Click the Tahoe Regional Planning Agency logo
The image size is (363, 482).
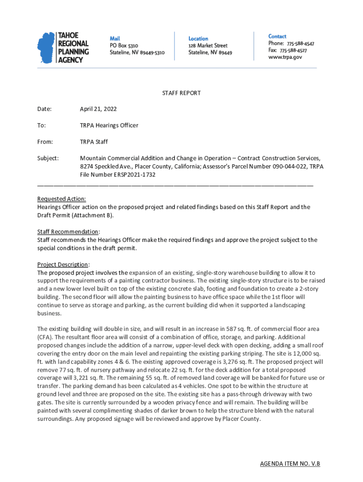pos(63,47)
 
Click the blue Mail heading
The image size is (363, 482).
pos(115,38)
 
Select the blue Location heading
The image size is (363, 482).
pos(198,38)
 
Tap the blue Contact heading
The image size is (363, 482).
pos(277,36)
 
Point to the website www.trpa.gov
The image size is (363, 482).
pos(285,57)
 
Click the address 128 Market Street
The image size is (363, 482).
pos(208,46)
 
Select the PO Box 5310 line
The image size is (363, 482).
pos(124,46)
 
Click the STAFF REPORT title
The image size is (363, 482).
pos(181,93)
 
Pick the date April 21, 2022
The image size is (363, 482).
pos(98,109)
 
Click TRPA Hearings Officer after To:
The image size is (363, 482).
pos(109,126)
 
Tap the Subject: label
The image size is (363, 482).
pos(48,158)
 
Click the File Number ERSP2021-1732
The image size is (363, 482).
pos(117,175)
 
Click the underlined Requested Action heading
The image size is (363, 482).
pos(61,199)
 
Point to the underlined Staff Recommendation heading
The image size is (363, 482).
pos(68,232)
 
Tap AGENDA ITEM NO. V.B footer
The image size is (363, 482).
pos(290,464)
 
